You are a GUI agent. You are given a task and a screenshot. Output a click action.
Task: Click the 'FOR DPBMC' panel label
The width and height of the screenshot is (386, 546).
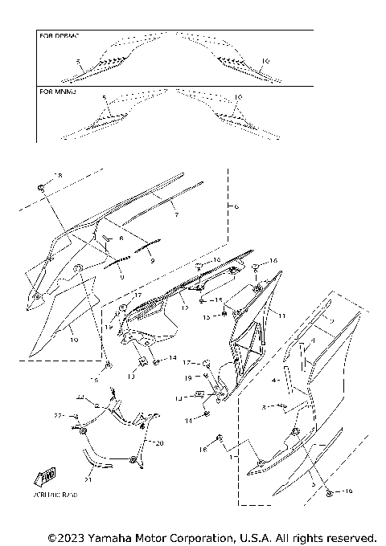pyautogui.click(x=57, y=36)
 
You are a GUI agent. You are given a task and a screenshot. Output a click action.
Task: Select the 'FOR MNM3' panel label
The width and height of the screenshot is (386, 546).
pyautogui.click(x=56, y=92)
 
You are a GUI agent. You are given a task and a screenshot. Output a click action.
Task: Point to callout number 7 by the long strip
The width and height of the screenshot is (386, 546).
pyautogui.click(x=176, y=215)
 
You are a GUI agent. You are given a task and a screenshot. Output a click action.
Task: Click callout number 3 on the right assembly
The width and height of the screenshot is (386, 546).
pyautogui.click(x=313, y=486)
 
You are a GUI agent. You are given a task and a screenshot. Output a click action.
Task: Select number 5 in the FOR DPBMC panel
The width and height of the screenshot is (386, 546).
pyautogui.click(x=78, y=61)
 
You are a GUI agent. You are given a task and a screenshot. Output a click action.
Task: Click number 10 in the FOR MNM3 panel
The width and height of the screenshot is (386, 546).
pyautogui.click(x=236, y=97)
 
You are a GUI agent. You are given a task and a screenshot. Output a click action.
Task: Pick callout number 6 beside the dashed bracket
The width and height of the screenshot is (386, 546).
pyautogui.click(x=236, y=206)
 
